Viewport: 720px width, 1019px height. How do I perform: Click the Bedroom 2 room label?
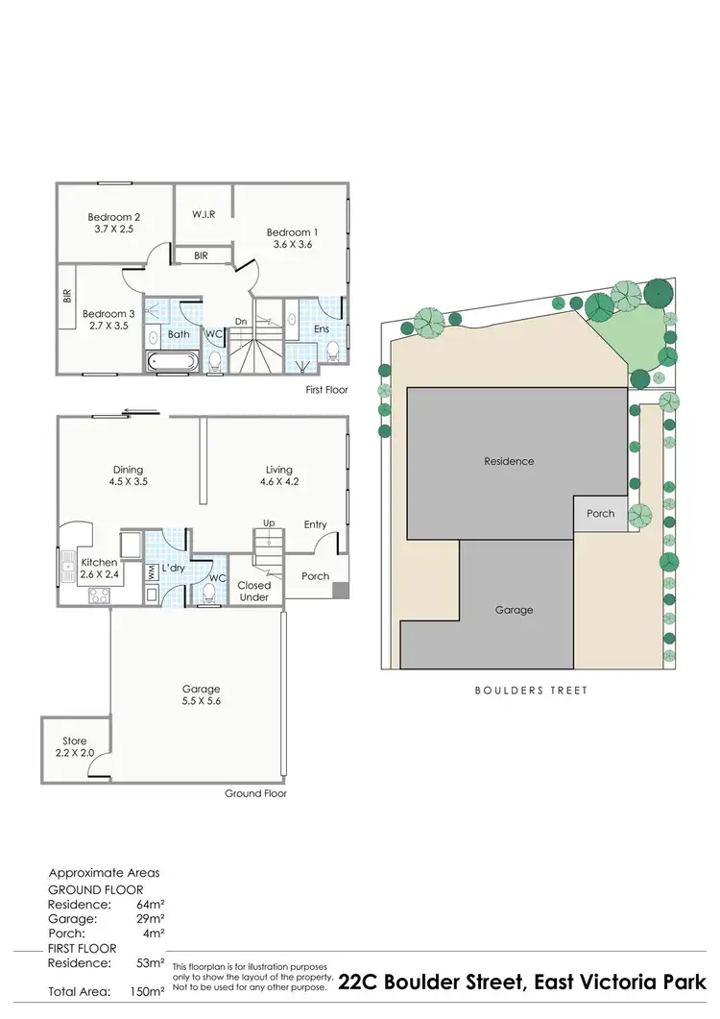[x=114, y=217]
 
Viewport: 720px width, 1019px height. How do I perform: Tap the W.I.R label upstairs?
[x=203, y=213]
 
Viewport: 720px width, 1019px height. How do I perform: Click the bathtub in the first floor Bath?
[x=174, y=362]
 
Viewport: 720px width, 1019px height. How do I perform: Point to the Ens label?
[x=322, y=329]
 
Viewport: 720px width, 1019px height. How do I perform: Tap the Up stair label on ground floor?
[x=269, y=522]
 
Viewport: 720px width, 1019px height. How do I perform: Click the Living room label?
[x=279, y=470]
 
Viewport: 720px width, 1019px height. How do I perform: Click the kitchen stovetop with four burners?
[x=100, y=595]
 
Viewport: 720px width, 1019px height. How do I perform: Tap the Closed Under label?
[x=254, y=591]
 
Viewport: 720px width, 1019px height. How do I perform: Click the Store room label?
[x=74, y=740]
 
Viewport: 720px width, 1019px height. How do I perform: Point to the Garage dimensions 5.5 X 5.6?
[x=202, y=701]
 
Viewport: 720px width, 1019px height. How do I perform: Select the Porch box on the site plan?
[x=601, y=514]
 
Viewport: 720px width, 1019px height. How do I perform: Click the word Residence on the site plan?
[x=509, y=461]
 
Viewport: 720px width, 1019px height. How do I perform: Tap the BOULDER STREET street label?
[x=531, y=691]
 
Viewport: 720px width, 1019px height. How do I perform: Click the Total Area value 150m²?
[x=147, y=990]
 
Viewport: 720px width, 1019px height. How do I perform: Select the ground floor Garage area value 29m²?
[x=150, y=919]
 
